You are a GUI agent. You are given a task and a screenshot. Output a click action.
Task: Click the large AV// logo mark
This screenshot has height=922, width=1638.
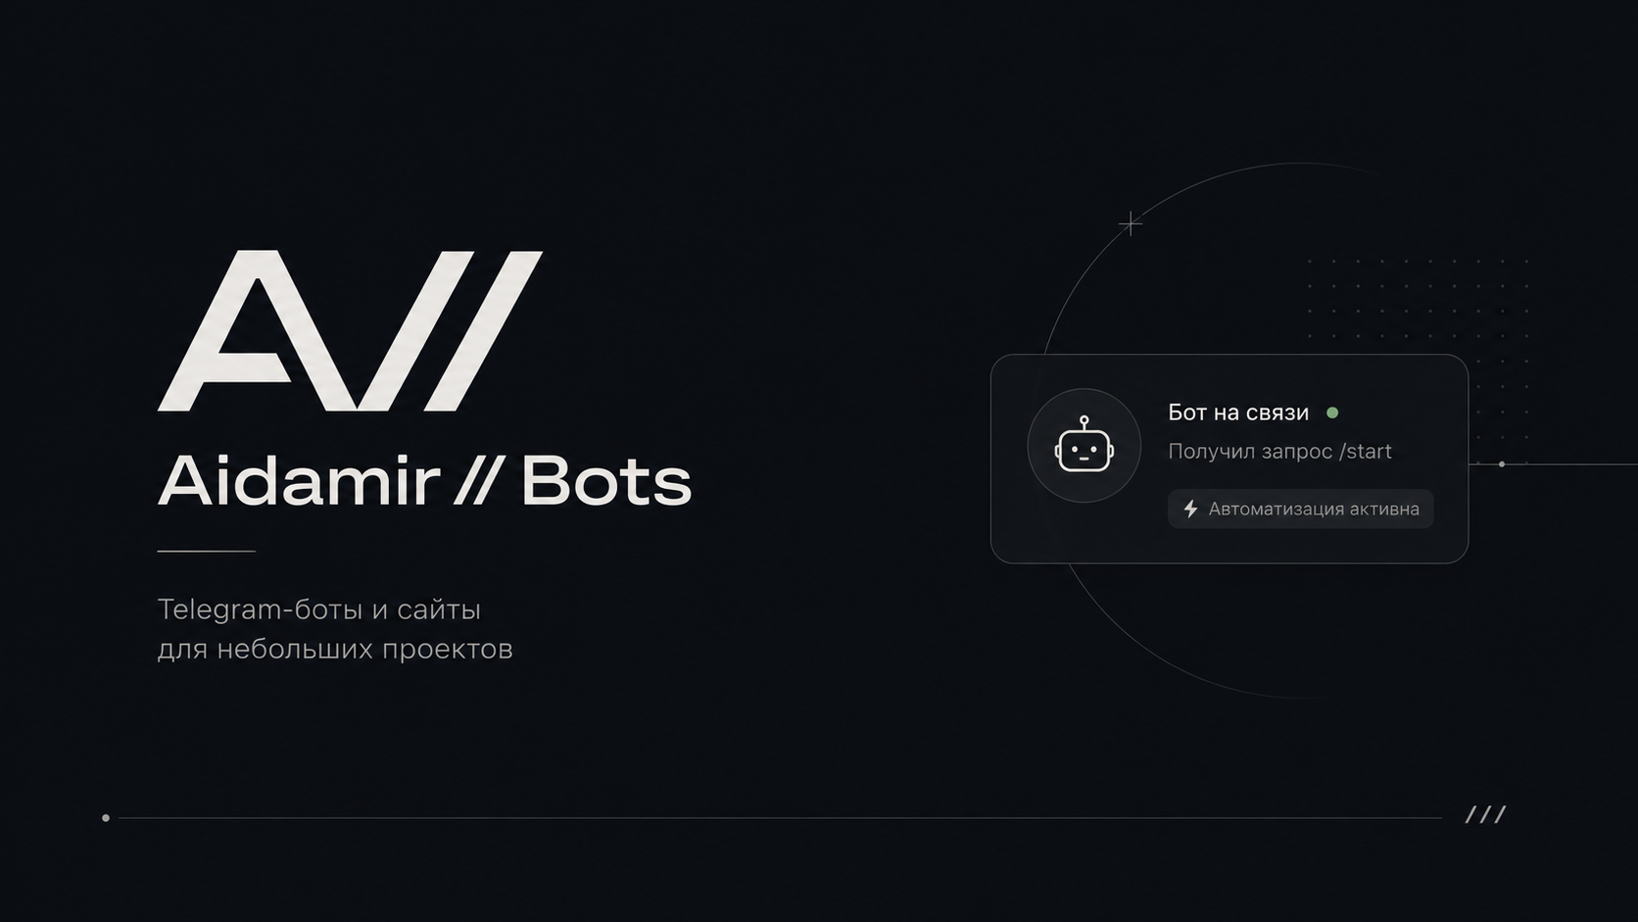(351, 330)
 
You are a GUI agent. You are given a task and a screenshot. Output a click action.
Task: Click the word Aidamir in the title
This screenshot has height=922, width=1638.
(299, 480)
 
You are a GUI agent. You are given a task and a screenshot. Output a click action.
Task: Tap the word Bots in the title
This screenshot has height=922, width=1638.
(606, 480)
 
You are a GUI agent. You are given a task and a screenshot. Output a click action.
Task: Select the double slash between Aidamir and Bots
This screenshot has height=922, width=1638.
(476, 480)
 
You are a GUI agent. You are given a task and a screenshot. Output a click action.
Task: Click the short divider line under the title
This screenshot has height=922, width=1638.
(206, 552)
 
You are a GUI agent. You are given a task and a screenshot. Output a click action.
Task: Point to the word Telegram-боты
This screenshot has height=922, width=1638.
(261, 609)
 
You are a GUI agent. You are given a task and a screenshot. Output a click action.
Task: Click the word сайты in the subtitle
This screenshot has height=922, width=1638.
(439, 610)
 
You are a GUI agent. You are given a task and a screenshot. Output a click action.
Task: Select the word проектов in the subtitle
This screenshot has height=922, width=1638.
(448, 650)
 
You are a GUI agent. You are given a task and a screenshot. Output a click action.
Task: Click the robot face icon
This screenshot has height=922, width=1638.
(1084, 445)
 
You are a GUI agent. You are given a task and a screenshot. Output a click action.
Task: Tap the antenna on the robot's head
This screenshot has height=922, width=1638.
(1084, 423)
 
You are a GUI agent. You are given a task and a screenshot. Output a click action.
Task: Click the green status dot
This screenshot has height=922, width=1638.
(1332, 413)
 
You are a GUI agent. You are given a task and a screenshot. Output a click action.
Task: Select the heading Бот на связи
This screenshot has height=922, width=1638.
(1238, 413)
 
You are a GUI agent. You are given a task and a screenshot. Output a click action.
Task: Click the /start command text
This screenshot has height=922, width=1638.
(1366, 451)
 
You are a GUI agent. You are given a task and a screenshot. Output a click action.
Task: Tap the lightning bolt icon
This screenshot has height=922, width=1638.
(1190, 509)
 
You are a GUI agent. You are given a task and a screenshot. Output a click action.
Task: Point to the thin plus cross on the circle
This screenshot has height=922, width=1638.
(1131, 223)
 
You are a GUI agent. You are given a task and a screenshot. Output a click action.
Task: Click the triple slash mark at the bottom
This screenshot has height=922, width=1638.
(1486, 814)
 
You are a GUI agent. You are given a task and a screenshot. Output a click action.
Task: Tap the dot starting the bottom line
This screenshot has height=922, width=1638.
(106, 818)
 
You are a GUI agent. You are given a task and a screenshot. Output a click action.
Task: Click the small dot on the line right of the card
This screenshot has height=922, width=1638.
(1502, 464)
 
